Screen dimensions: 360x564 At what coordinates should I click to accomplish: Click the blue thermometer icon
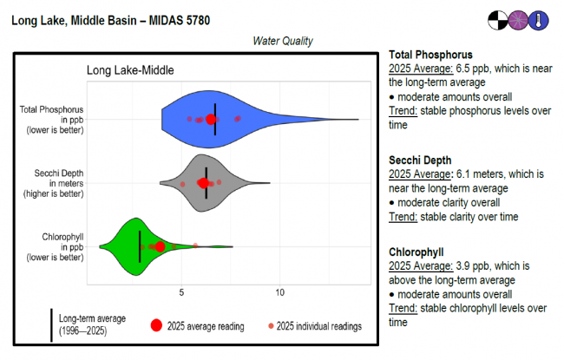tap(540, 19)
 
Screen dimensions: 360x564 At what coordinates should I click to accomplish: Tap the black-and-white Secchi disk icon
tap(498, 19)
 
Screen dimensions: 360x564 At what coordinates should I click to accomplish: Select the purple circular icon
tap(519, 19)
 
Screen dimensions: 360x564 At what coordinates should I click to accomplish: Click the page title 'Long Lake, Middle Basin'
tap(75, 19)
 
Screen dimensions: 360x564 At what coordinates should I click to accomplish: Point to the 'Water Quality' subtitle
tap(283, 41)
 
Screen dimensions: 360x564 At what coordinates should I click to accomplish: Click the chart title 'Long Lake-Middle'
tap(131, 70)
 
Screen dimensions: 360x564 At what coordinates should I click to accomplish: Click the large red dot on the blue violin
tap(211, 119)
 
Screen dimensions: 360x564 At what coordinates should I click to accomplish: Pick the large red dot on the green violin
tap(160, 247)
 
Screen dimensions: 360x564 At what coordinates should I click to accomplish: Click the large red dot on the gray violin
tap(204, 183)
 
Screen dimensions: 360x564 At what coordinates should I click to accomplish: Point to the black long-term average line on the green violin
tap(140, 246)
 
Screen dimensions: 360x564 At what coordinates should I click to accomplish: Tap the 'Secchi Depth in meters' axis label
tap(58, 183)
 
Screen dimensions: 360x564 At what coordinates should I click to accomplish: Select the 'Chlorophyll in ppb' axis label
tap(59, 246)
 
